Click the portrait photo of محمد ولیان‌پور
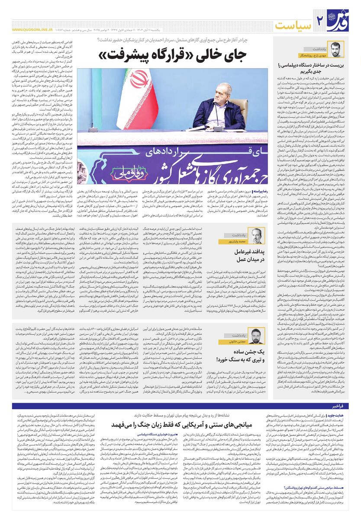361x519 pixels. (x=259, y=235)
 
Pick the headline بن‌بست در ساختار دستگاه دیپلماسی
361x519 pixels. (x=311, y=69)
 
